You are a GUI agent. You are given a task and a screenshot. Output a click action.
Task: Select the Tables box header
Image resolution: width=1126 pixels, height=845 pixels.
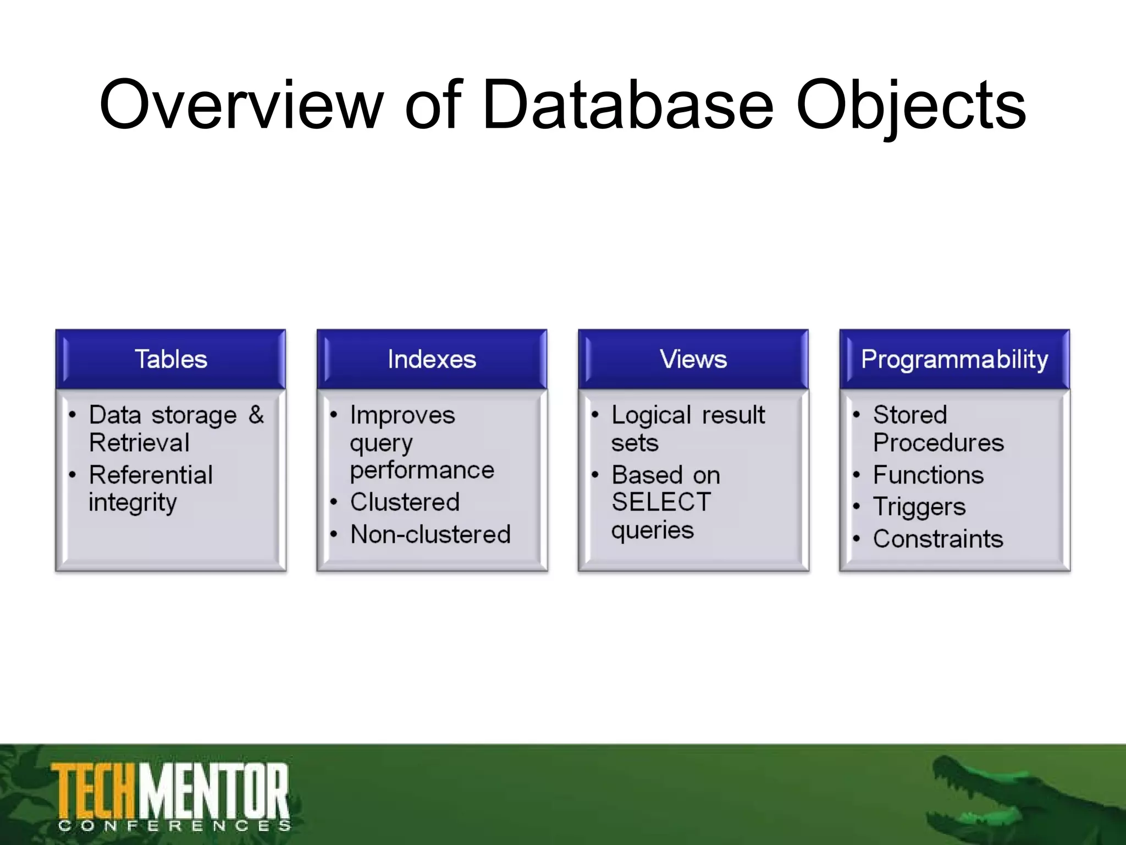[x=171, y=360]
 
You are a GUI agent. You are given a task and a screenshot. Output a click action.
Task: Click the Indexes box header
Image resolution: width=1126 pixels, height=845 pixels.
[x=432, y=360]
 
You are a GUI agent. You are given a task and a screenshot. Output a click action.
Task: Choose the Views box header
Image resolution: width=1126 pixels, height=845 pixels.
[x=693, y=360]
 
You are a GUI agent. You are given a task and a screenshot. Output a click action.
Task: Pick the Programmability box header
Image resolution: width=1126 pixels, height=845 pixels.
[x=954, y=360]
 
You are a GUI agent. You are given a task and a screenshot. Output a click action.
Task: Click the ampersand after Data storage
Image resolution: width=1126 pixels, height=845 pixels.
[x=256, y=415]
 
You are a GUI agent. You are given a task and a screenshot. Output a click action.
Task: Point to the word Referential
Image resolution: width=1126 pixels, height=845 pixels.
[x=151, y=475]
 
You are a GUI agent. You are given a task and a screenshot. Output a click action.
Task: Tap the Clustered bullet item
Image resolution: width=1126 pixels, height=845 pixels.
[x=405, y=502]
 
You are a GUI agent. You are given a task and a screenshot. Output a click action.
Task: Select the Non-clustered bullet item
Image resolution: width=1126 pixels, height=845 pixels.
[x=430, y=534]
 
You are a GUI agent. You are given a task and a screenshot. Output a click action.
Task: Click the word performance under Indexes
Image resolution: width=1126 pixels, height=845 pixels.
[x=422, y=470]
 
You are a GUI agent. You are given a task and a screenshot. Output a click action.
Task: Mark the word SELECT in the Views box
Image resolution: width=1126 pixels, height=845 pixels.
[x=661, y=502]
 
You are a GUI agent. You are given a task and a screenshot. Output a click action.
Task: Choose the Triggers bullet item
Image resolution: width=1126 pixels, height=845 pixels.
[x=919, y=507]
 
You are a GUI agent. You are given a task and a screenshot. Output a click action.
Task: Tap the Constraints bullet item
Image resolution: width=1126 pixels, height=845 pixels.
[x=938, y=539]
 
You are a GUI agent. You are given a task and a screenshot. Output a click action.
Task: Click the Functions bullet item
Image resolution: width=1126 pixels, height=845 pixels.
[x=928, y=475]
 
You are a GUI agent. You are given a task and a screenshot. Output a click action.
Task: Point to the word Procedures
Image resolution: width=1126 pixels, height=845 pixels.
[x=938, y=443]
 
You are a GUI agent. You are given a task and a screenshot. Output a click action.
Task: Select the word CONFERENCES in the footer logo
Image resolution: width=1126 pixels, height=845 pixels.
[x=174, y=826]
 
